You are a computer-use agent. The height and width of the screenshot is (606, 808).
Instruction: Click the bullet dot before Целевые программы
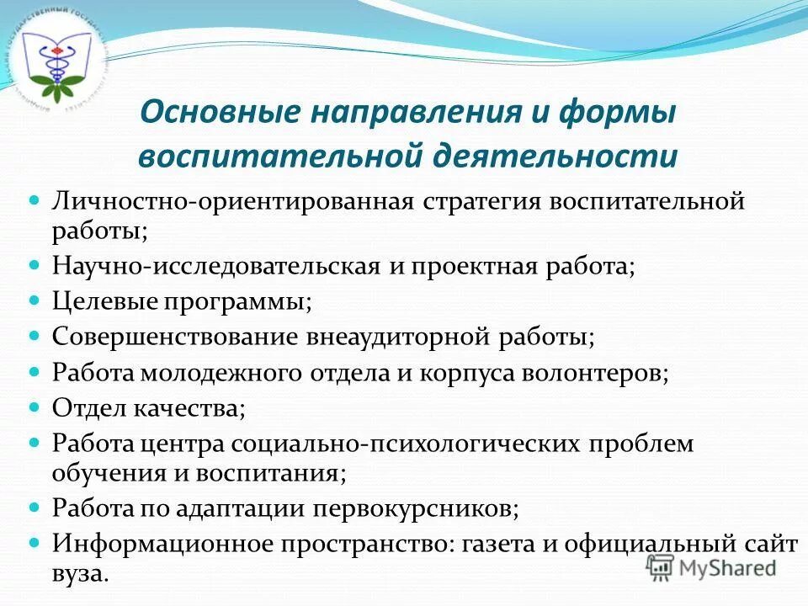(35, 300)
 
